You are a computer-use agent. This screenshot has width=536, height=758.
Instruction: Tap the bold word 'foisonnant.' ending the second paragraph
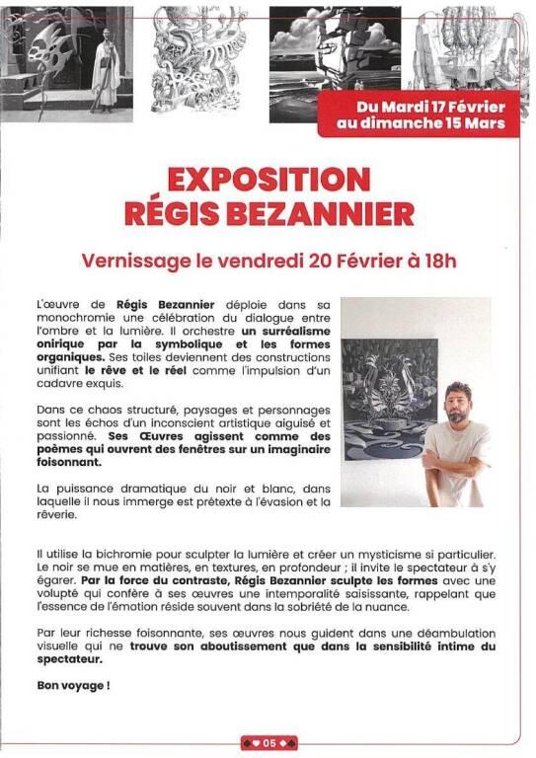tap(69, 461)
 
